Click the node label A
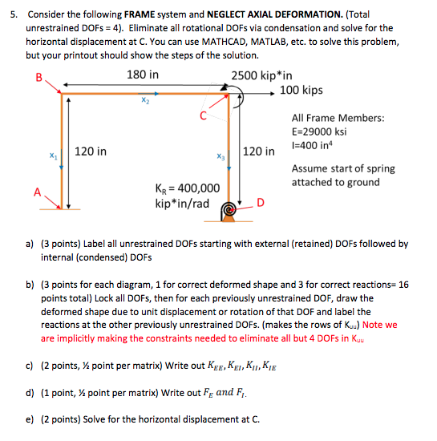click(x=36, y=191)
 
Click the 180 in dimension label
click(x=143, y=75)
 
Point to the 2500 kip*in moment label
click(x=261, y=75)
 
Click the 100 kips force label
click(x=301, y=90)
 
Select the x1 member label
click(x=53, y=156)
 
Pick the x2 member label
click(x=144, y=102)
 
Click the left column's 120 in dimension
click(x=91, y=150)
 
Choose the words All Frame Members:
click(x=338, y=118)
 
